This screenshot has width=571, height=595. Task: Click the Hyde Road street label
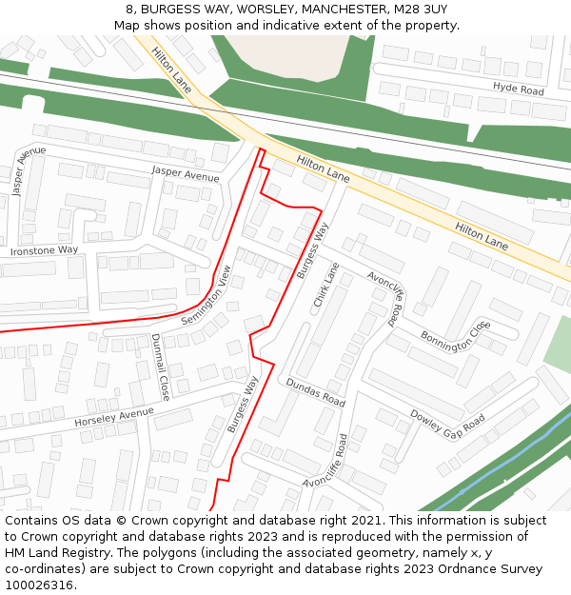(518, 88)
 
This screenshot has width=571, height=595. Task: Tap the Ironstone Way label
(44, 250)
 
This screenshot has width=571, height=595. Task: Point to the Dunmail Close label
(159, 367)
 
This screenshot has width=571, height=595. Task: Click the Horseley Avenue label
(113, 416)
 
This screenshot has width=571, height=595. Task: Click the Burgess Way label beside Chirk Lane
(311, 250)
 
